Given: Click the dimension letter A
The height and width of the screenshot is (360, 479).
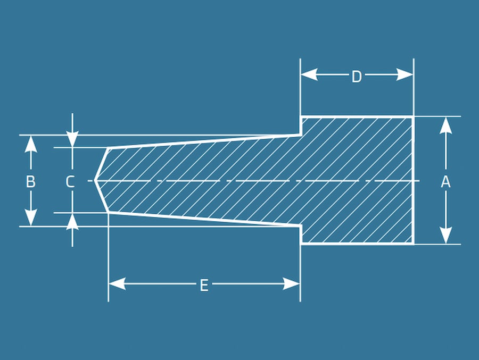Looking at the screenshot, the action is pos(445,182).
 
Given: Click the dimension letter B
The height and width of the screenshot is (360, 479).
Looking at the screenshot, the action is pos(30,182).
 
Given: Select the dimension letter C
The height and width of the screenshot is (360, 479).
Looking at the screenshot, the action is pos(70,182).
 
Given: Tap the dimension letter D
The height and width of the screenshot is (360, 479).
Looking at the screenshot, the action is pos(357,77).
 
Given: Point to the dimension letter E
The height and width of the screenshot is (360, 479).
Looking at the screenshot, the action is pos(204,286).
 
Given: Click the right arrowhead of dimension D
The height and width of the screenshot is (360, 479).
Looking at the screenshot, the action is pos(405,74).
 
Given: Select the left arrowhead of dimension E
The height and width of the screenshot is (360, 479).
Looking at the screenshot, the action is pos(117,283).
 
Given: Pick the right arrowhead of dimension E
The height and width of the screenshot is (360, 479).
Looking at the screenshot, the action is pos(292,283).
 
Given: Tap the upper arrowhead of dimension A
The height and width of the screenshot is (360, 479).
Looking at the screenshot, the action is pos(446,125).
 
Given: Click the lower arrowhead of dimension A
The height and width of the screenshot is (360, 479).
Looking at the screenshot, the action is pos(446,235).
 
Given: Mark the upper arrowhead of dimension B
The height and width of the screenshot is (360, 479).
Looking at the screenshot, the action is pos(31,144).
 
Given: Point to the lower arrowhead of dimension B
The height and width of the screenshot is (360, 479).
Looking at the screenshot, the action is pos(31,217).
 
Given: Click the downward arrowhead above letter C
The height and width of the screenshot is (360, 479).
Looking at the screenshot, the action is pos(72,139).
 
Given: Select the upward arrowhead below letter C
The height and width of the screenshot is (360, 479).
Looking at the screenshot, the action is pos(72,221).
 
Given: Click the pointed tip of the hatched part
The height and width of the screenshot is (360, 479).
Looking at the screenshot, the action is pos(95,181).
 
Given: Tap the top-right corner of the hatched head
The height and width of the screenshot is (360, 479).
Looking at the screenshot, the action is pos(414,117).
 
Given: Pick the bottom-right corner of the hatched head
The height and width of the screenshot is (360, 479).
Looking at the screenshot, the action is pos(414,244).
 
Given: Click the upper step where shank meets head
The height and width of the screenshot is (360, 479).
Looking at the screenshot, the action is pos(301,134).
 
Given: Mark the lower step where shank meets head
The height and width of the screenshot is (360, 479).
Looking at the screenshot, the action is pos(301,226).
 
